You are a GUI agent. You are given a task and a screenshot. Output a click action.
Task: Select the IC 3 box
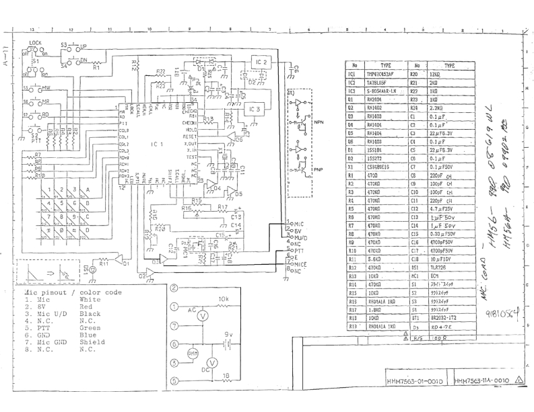(x=255, y=109)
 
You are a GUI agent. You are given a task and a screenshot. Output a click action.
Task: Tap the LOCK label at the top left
(x=36, y=42)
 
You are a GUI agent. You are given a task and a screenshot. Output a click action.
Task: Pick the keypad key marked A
(x=88, y=190)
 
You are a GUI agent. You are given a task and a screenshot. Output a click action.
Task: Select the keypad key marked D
(x=88, y=229)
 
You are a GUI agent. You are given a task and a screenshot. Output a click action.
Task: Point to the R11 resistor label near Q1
(x=104, y=264)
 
